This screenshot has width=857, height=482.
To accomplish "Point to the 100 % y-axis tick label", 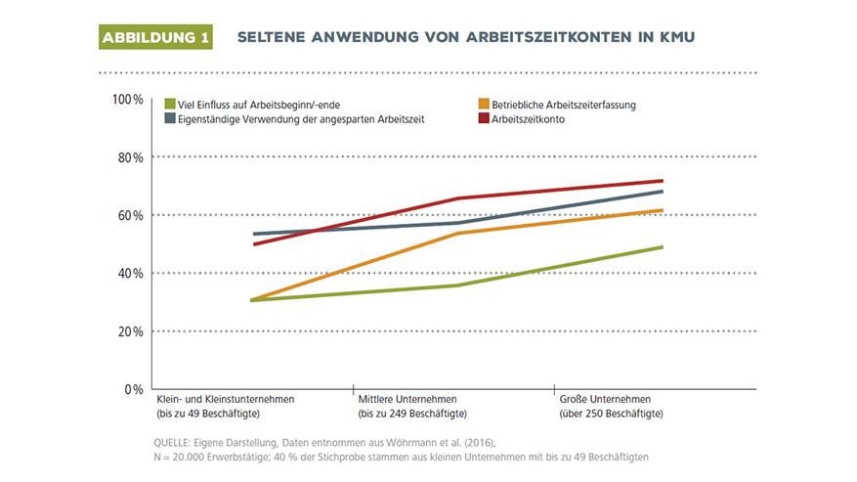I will click(127, 100).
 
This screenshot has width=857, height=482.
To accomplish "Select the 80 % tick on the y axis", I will click(130, 157).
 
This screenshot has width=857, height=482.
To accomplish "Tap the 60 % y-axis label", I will click(130, 215).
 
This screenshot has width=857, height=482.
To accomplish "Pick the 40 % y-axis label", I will click(130, 273).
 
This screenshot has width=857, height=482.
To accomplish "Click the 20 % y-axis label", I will click(130, 331).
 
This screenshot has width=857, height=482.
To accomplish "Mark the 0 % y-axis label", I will click(134, 389).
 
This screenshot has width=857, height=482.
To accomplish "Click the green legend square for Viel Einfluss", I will click(170, 104).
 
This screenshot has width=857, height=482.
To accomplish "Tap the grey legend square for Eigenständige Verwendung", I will click(170, 118).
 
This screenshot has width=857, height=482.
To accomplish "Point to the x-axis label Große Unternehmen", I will click(606, 401).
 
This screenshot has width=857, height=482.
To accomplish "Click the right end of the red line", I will click(663, 181).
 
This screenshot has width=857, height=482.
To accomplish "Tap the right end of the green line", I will click(663, 247).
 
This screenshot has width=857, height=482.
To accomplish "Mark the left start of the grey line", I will click(253, 234).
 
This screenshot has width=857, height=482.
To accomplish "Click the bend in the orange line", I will click(458, 234).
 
